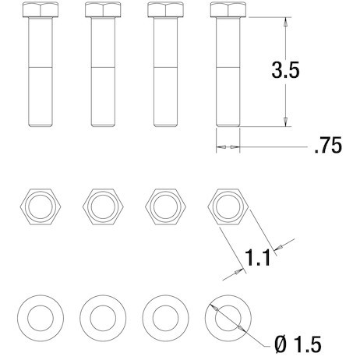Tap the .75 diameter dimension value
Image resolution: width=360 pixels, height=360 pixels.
click(327, 146)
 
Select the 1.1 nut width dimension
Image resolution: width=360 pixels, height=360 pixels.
click(257, 256)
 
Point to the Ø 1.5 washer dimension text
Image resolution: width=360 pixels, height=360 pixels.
click(298, 342)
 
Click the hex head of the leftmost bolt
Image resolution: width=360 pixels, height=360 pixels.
click(39, 11)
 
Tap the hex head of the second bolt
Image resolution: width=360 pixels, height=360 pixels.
click(102, 11)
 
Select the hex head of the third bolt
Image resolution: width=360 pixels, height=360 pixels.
click(164, 11)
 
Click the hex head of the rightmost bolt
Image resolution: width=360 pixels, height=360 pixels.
click(228, 11)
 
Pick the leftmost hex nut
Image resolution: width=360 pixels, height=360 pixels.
click(39, 207)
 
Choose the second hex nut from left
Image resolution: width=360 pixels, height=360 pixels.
click(102, 207)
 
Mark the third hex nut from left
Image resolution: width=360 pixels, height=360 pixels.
click(164, 207)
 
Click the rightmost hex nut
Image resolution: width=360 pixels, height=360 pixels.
click(228, 207)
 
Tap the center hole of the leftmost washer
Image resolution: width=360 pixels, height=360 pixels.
click(39, 317)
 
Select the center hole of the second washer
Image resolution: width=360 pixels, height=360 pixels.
click(102, 317)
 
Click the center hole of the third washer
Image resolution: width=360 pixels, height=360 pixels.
click(164, 317)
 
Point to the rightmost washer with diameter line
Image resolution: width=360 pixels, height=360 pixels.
click(228, 317)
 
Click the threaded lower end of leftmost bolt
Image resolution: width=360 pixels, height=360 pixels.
click(39, 97)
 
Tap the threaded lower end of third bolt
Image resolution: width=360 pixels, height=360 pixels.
click(164, 97)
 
